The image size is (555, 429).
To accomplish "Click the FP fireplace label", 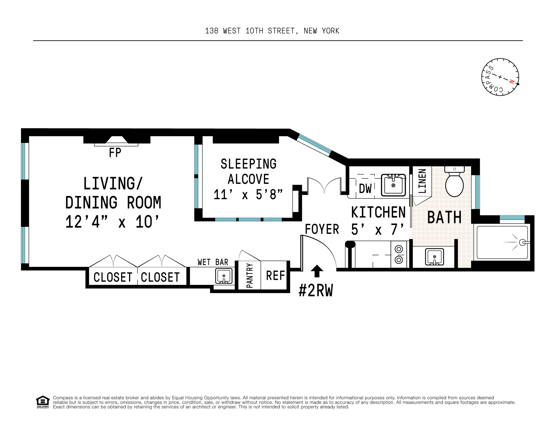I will coord(115,153).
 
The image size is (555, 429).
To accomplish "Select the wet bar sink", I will coord(224,276).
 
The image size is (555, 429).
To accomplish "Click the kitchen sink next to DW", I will coord(393,185).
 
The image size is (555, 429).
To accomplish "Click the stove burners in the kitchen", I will coord(399,254).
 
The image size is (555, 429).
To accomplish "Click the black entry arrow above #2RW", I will coord(317,271).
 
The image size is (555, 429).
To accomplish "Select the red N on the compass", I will coord(512,82).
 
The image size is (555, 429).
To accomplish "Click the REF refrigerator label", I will coord(276,275).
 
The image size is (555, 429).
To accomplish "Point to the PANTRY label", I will coord(250,275).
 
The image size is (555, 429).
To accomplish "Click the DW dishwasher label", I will coord(365,189).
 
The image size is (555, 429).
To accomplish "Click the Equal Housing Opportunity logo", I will coord(43,402).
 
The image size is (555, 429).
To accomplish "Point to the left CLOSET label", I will coord(113,277).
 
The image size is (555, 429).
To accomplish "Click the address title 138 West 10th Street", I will coord(272,31).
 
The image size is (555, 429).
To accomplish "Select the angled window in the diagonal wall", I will coord(315,145).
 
